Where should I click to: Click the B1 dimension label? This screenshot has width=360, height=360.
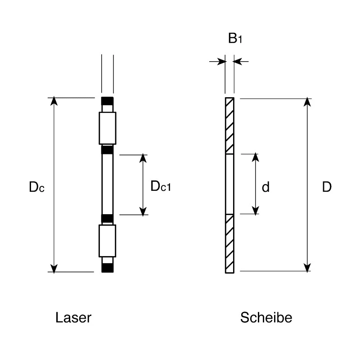coord(235,38)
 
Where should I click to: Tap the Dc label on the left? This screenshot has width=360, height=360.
coord(36,187)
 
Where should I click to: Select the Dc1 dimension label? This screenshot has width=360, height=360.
coord(161,186)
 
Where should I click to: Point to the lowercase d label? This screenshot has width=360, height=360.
coord(265,187)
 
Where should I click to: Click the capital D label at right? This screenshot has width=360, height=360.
coord(327,187)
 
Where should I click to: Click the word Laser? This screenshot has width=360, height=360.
coord(73,318)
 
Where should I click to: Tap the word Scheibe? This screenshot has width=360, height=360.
coord(266,318)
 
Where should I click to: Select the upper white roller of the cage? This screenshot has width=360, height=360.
coord(108,128)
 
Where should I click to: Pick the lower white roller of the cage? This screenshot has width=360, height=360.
coord(107,241)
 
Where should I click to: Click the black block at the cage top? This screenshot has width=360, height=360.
coord(108,101)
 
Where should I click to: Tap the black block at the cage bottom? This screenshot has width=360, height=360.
coord(108,268)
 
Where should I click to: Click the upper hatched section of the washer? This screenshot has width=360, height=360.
coord(229,126)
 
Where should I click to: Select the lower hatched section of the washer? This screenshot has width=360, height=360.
coord(229,243)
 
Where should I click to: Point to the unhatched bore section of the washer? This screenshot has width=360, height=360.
coord(229,184)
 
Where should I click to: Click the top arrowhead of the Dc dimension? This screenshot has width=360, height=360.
coord(54,101)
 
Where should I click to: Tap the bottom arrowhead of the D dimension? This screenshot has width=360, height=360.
coord(307,268)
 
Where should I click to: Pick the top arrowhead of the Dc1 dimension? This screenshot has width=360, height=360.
coord(143,158)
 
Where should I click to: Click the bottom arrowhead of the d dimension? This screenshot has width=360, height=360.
coord(256,211)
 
